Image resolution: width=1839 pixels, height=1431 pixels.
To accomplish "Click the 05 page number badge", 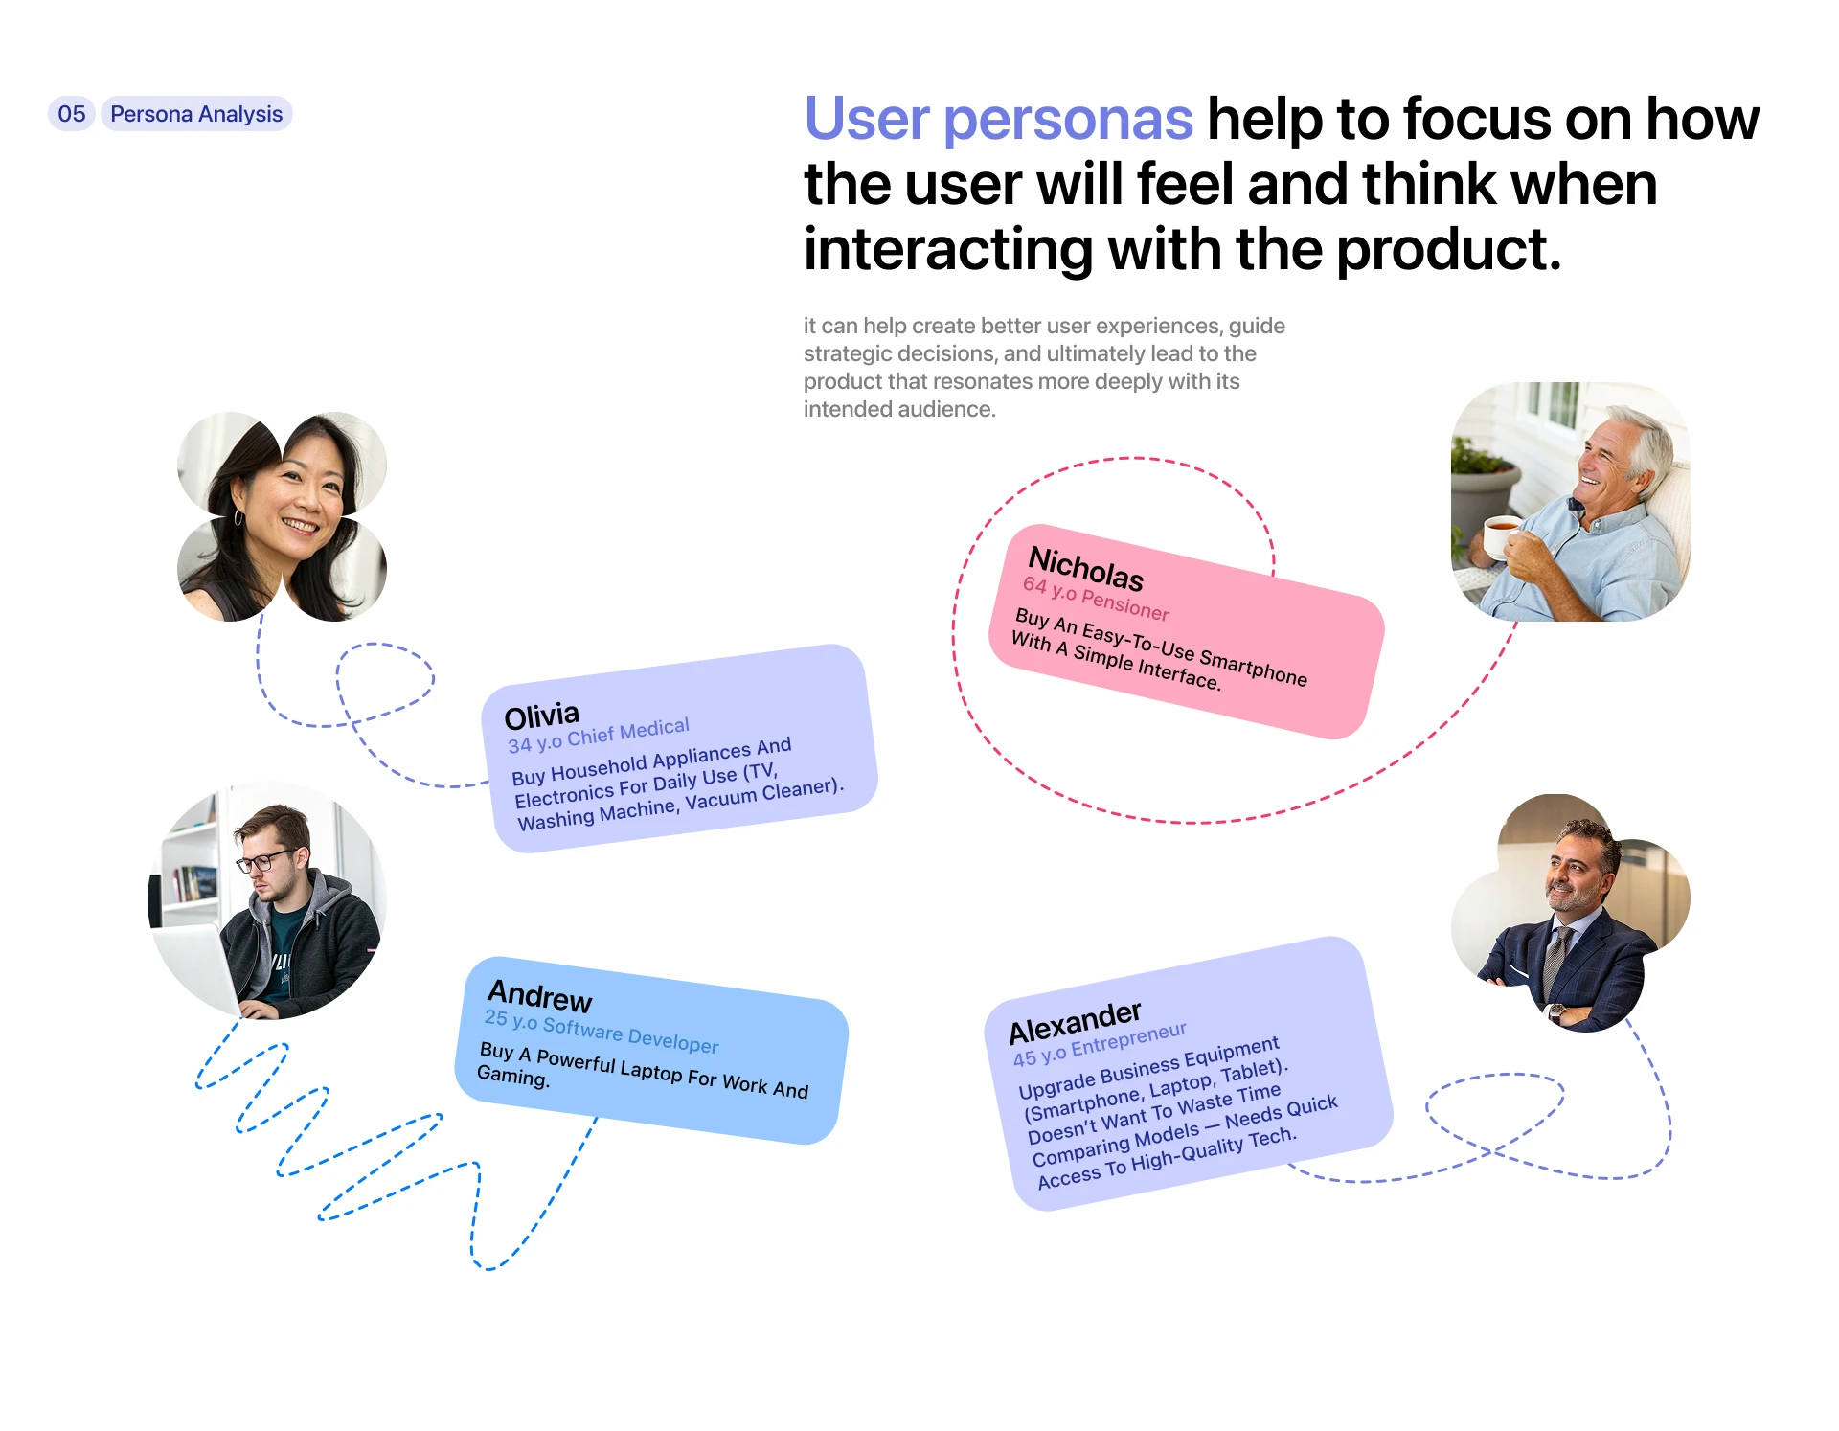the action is tap(72, 114).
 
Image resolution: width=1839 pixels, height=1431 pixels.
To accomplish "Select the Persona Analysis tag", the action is tap(196, 114).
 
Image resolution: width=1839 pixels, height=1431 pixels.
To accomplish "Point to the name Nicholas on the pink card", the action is tap(1086, 568).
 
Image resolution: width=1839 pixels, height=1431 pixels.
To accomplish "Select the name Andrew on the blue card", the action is tap(540, 996).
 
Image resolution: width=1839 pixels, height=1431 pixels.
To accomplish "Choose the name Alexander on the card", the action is tap(1076, 1023).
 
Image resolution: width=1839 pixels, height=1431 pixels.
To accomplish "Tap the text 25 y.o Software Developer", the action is tap(602, 1032).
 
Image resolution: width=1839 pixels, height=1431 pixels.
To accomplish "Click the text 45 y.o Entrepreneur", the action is tap(1100, 1045).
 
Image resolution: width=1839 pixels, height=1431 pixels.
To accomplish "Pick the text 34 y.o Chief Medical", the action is tap(599, 736).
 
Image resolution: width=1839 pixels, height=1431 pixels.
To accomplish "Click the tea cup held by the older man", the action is tap(1501, 534).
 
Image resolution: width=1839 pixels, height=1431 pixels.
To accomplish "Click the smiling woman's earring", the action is tap(238, 517).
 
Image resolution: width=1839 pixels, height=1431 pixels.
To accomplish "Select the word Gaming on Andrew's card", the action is tap(513, 1077).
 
